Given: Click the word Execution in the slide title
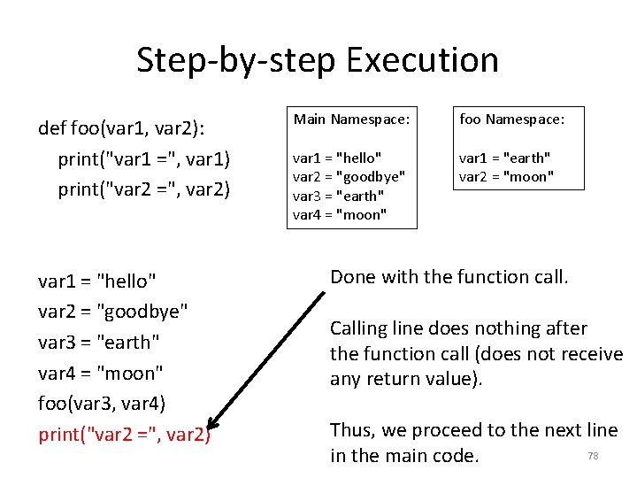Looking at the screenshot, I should coord(423,60).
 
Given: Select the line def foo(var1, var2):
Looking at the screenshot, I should coord(121,129).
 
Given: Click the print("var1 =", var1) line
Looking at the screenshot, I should coord(143,159).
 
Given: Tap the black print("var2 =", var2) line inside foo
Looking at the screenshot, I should coord(143,189).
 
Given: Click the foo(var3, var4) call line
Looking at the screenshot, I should coord(102,403).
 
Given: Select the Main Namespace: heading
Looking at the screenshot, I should coord(351,119).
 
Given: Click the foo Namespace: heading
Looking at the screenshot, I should coord(510,119).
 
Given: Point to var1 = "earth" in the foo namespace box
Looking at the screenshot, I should coord(504,158).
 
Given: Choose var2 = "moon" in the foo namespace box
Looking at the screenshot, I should coord(506,176).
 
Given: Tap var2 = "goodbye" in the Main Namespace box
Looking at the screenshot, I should coord(349,176).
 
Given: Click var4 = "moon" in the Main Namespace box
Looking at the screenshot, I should coord(340,214).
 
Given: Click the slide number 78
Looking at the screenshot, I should coord(593,456).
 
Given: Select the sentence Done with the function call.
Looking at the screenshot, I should coord(449,277).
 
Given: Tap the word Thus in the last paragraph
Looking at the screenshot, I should coord(353,431).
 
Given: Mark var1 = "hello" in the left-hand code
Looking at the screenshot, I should coord(97,281).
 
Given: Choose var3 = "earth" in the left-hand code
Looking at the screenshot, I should coord(98,342).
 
